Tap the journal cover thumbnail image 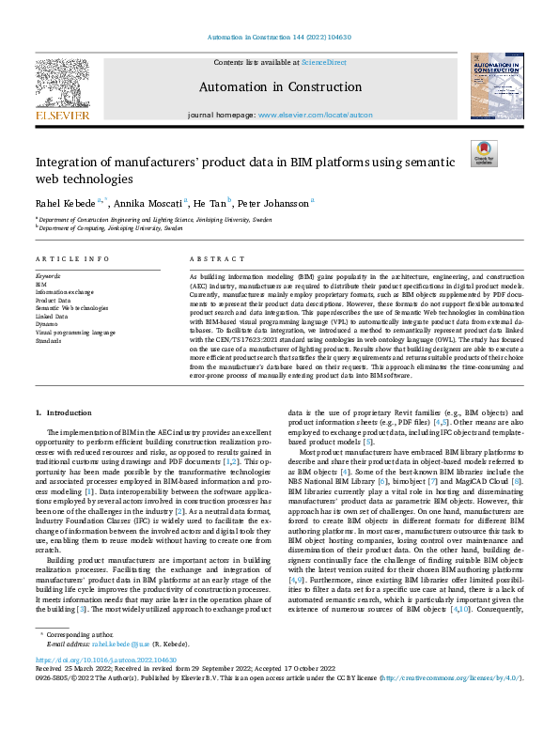click(495, 87)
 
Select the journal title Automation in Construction click(279, 85)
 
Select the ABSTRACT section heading click(210, 258)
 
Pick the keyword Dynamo click(48, 324)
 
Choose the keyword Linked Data click(52, 316)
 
